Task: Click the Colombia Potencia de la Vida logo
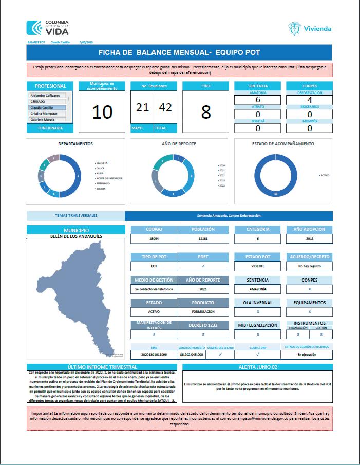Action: pos(47,27)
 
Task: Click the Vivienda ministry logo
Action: pos(310,28)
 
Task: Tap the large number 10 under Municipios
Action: pos(103,111)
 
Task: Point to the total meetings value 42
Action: pos(164,107)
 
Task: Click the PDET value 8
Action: pos(206,112)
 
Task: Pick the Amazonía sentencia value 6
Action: pos(257,100)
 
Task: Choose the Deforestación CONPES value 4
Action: pos(309,100)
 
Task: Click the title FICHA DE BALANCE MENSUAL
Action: pos(180,52)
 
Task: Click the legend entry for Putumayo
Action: pos(103,183)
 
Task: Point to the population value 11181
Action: pos(203,239)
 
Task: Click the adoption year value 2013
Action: pos(309,239)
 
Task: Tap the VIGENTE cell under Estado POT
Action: pos(257,266)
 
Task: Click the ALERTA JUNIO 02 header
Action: pos(257,367)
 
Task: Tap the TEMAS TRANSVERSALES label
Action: pos(75,216)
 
